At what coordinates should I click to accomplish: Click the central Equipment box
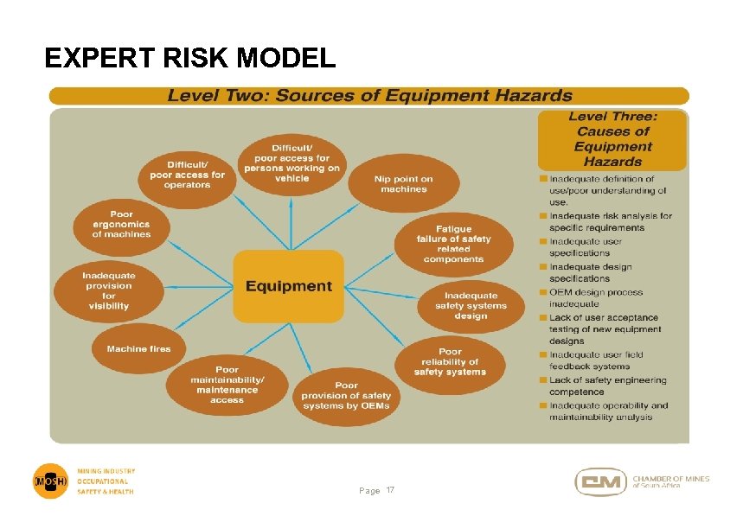(288, 286)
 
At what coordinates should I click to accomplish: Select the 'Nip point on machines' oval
(403, 183)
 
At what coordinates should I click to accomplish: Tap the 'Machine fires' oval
(138, 349)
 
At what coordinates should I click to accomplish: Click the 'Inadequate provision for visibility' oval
(108, 290)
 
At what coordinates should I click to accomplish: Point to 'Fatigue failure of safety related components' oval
(453, 244)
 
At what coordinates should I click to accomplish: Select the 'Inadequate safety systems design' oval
(472, 305)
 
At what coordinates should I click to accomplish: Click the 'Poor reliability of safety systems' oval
(450, 361)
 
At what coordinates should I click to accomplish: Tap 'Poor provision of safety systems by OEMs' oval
(346, 395)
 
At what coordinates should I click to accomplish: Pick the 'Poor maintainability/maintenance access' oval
(227, 385)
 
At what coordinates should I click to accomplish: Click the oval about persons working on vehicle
(291, 163)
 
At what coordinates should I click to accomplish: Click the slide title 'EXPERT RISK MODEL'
(189, 58)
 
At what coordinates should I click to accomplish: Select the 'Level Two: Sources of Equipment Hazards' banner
(369, 96)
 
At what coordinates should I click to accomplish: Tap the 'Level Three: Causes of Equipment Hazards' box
(612, 139)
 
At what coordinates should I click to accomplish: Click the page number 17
(389, 490)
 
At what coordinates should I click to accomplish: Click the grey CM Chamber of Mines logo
(601, 481)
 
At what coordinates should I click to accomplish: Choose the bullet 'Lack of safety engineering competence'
(607, 386)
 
